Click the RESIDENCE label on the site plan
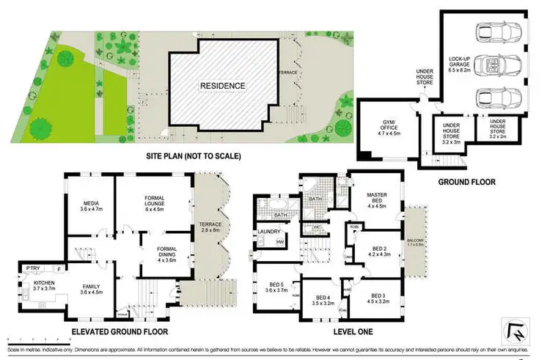click(x=224, y=86)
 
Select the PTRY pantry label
click(x=32, y=268)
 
